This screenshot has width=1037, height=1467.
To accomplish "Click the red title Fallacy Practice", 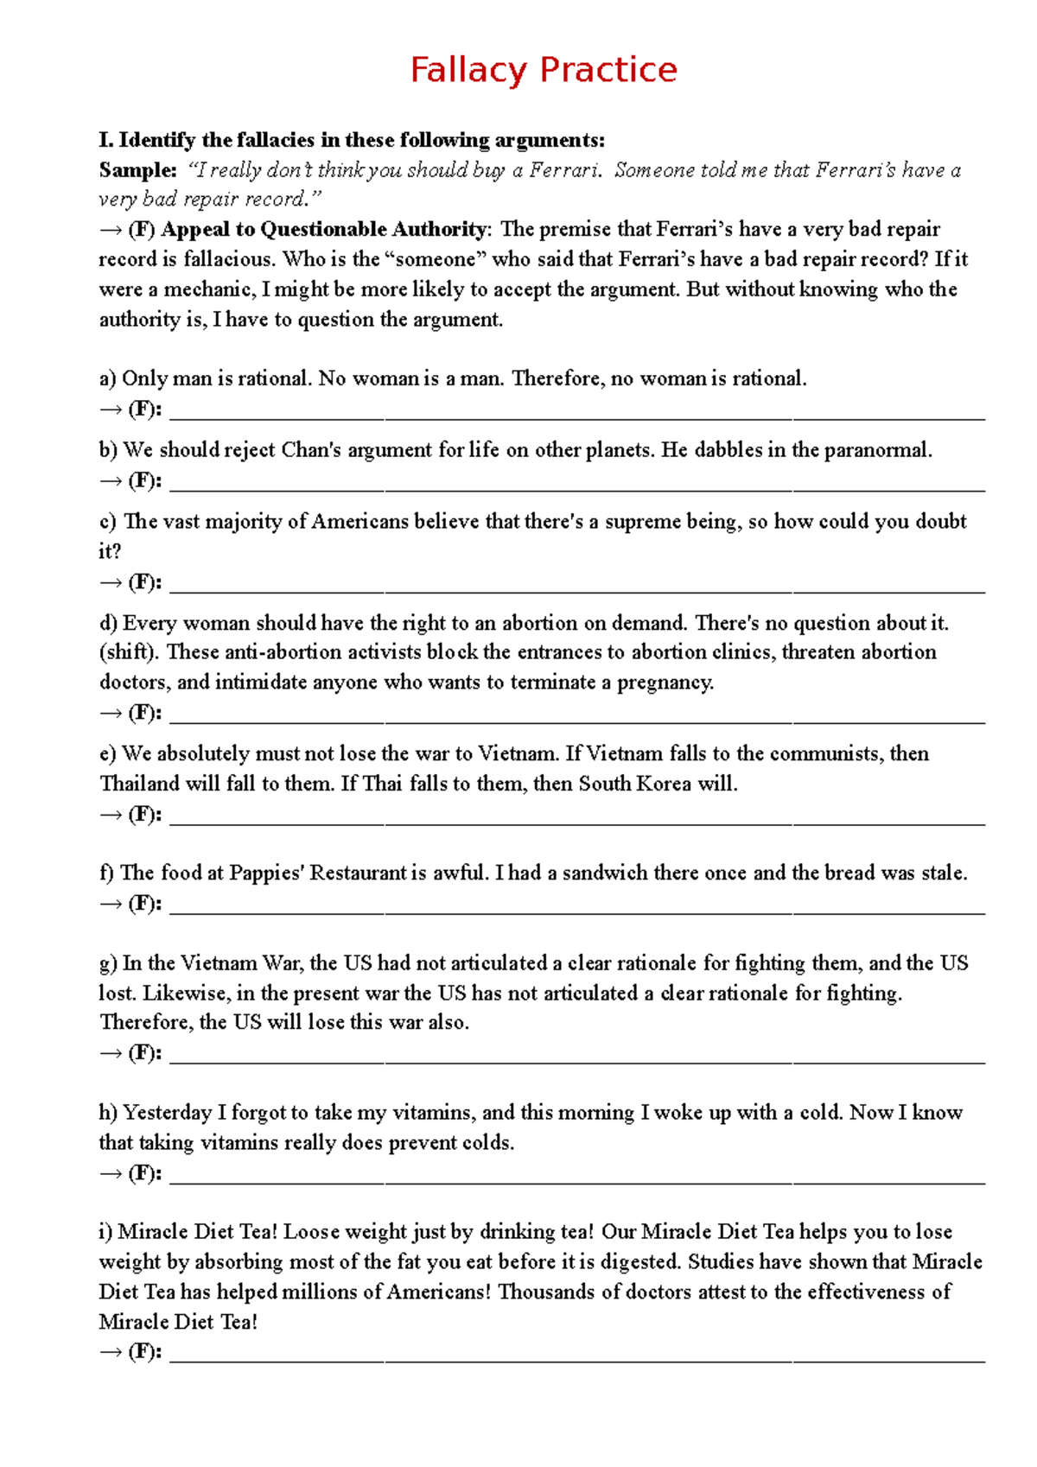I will pyautogui.click(x=544, y=70).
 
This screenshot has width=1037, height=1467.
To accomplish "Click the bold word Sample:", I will pyautogui.click(x=137, y=170).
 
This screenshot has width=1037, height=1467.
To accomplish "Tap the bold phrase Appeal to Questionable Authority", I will pyautogui.click(x=324, y=229).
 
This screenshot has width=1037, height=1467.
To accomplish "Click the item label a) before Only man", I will pyautogui.click(x=107, y=378).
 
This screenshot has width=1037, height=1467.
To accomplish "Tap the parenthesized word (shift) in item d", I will pyautogui.click(x=129, y=652).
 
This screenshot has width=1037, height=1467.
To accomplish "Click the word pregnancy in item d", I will pyautogui.click(x=665, y=683).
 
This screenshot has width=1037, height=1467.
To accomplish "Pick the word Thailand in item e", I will pyautogui.click(x=139, y=784).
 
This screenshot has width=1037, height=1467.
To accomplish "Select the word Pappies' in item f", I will pyautogui.click(x=266, y=873).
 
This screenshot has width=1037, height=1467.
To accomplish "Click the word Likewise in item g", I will pyautogui.click(x=183, y=994).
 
